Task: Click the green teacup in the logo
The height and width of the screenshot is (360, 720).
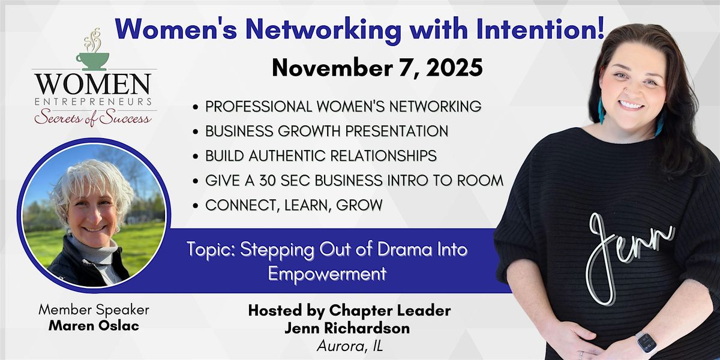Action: click(92, 61)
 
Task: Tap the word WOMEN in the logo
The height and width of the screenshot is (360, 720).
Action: click(93, 84)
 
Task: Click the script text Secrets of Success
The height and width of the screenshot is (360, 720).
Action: click(92, 118)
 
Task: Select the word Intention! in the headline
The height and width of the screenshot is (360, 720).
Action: click(541, 29)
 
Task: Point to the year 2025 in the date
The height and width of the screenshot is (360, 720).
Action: click(455, 68)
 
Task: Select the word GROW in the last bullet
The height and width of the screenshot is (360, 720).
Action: click(359, 205)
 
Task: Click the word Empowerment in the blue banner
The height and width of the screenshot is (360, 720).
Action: click(327, 274)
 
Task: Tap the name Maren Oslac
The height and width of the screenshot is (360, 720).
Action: click(94, 326)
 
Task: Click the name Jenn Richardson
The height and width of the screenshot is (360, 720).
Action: click(347, 328)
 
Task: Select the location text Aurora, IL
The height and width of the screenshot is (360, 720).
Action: click(350, 346)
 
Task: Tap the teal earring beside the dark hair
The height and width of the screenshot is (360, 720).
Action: click(601, 111)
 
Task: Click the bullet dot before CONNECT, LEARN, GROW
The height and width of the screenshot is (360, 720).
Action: click(196, 206)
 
